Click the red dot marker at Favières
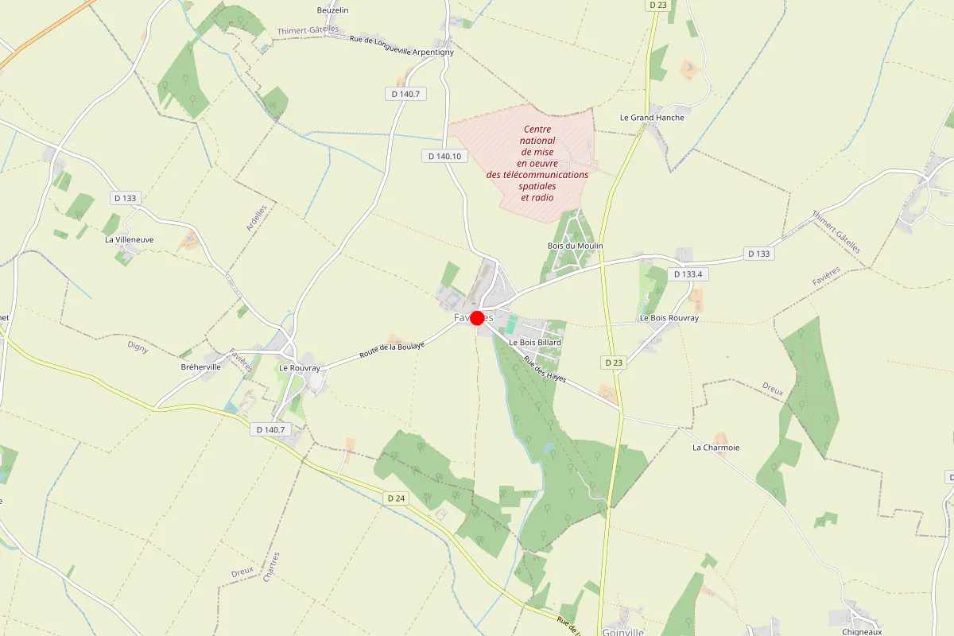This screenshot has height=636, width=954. [x=478, y=318]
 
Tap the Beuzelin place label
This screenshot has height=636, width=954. [x=333, y=10]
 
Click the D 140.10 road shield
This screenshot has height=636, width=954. [x=444, y=157]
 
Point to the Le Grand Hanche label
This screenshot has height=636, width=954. [x=652, y=118]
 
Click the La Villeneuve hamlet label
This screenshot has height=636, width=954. [x=130, y=238]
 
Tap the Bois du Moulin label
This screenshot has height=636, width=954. [x=576, y=246]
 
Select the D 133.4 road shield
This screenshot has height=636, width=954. [x=689, y=274]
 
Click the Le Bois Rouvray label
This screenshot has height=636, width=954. [x=669, y=318]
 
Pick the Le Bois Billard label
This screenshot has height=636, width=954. [x=541, y=343]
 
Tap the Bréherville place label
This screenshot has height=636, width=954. [x=201, y=367]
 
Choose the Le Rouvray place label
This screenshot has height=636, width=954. [x=300, y=368]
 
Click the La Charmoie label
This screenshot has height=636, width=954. [x=715, y=448]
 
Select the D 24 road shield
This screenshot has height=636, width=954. [x=397, y=498]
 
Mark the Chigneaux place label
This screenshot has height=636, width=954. [x=862, y=632]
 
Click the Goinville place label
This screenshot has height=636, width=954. [x=622, y=632]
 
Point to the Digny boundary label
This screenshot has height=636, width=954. [x=138, y=347]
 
